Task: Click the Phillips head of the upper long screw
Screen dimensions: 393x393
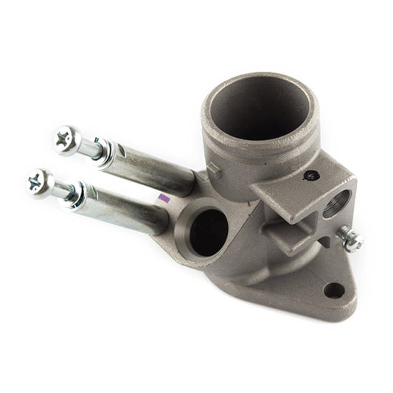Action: click(x=67, y=139)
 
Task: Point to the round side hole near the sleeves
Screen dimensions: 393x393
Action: click(x=209, y=231)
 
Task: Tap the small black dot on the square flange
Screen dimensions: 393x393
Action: click(x=312, y=175)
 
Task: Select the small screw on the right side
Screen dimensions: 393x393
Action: click(x=350, y=238)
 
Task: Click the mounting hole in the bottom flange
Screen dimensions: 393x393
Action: click(x=334, y=290)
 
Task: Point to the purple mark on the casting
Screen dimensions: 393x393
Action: click(x=164, y=198)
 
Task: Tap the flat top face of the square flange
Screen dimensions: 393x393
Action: click(x=295, y=184)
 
